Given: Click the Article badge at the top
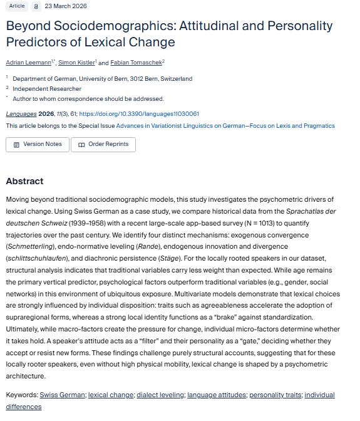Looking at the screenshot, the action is click(17, 6).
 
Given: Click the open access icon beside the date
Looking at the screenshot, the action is click(36, 6).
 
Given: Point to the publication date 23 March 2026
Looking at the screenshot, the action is click(66, 6).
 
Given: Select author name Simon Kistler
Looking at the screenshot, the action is click(76, 63).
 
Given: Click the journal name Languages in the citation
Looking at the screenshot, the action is click(21, 114).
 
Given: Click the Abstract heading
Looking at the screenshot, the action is click(24, 181).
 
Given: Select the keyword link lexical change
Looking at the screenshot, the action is click(111, 395).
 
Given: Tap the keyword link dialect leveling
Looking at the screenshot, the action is click(160, 395).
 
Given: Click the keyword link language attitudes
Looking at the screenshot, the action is click(217, 395).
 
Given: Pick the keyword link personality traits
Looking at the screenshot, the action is click(274, 395).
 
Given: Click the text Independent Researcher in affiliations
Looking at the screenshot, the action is click(47, 89).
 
